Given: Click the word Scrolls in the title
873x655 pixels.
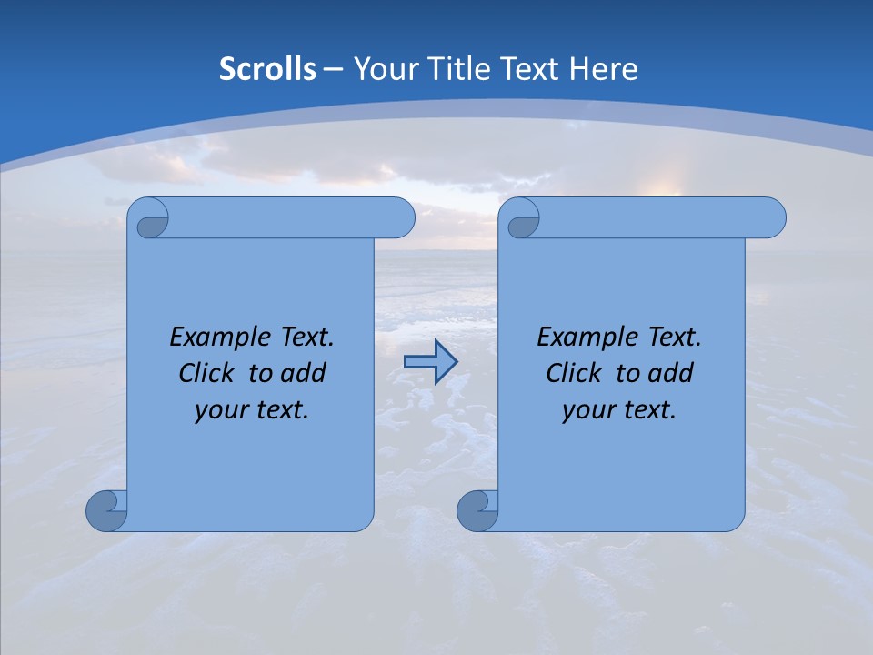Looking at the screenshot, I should tap(267, 69).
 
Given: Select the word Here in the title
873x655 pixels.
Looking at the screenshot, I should tap(603, 69).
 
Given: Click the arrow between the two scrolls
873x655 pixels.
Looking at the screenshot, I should tap(430, 362).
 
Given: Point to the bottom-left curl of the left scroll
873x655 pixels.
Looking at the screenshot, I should tap(105, 510).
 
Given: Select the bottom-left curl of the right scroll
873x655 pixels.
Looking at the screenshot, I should tap(477, 510).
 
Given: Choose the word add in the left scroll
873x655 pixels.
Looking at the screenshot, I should tap(304, 373).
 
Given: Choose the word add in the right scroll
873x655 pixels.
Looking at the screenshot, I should tap(671, 373).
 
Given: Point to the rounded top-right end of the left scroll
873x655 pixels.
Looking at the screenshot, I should tap(400, 217).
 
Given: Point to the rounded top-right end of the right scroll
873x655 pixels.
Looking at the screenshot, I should tap(771, 217).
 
